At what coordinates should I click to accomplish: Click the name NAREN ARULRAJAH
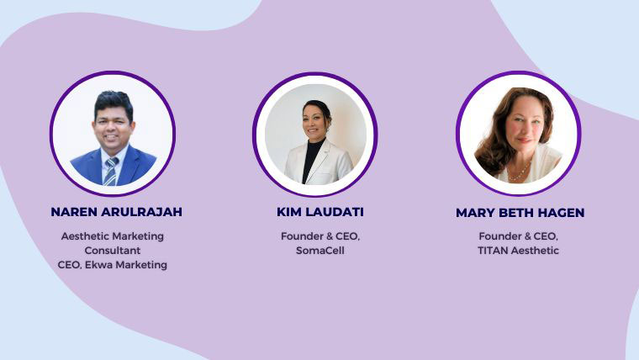coord(116,212)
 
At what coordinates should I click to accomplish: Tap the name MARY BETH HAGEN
coord(520,213)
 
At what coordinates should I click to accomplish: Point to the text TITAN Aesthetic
coord(519,251)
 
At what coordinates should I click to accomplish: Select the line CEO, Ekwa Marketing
coord(113,265)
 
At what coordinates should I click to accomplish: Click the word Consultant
coord(113,251)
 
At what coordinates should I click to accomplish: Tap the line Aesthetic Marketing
coord(113,236)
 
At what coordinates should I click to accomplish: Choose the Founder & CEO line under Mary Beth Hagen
coord(519,236)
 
